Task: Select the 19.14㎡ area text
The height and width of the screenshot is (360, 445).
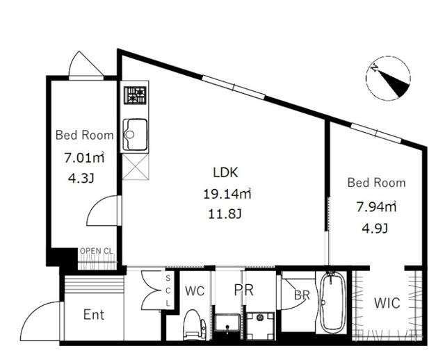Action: pyautogui.click(x=226, y=193)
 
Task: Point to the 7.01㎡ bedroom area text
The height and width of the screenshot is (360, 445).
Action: pyautogui.click(x=83, y=158)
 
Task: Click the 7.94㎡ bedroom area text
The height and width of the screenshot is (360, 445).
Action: pyautogui.click(x=375, y=206)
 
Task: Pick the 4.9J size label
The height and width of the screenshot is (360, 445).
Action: pyautogui.click(x=375, y=228)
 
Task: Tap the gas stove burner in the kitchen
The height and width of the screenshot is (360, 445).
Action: pyautogui.click(x=135, y=95)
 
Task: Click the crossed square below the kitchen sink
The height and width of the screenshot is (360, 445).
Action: pyautogui.click(x=135, y=167)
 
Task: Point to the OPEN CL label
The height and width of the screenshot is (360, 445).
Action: pyautogui.click(x=97, y=252)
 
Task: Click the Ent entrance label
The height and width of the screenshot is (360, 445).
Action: pyautogui.click(x=93, y=315)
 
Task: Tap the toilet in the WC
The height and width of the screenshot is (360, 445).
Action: pyautogui.click(x=195, y=324)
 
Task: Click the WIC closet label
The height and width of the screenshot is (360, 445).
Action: pyautogui.click(x=386, y=304)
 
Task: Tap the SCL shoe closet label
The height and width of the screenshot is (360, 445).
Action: pyautogui.click(x=168, y=291)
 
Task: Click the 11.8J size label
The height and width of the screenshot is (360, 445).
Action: pyautogui.click(x=225, y=214)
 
